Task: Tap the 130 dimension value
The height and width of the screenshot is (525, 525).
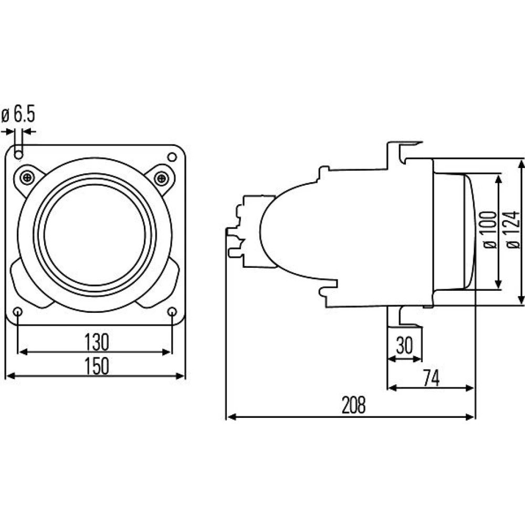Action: click(x=97, y=342)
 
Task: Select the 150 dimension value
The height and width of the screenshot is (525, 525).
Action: click(x=97, y=366)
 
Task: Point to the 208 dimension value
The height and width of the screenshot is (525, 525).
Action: click(x=353, y=405)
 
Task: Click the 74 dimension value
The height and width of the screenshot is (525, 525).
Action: click(x=431, y=378)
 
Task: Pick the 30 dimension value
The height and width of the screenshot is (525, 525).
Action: click(x=404, y=345)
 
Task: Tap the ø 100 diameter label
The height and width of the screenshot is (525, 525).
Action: click(x=490, y=230)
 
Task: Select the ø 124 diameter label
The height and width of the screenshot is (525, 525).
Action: click(x=513, y=230)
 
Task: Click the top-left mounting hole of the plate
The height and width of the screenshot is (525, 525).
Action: click(x=19, y=155)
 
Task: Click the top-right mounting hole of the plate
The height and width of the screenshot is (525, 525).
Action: click(x=172, y=156)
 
